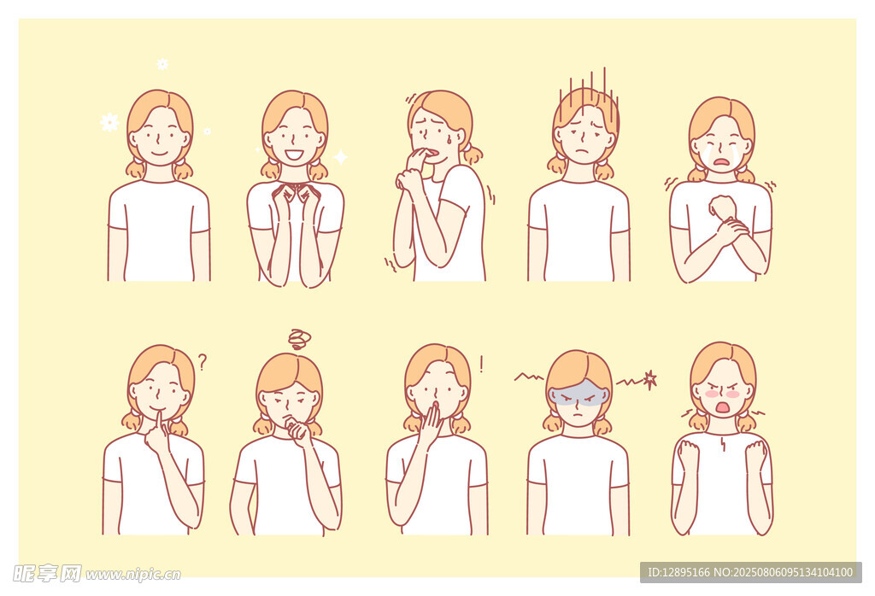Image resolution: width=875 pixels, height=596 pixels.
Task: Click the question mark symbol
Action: point(202,362)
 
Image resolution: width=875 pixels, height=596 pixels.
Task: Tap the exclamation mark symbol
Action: point(481,365)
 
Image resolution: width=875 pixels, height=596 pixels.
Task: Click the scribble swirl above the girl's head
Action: point(300,338)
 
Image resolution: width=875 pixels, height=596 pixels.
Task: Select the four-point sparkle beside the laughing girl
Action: point(340,156)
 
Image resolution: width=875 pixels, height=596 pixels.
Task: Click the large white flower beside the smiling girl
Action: point(109,122)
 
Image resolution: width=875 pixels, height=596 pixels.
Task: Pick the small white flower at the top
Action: point(162,64)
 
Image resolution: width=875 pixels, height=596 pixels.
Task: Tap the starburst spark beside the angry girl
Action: point(649,380)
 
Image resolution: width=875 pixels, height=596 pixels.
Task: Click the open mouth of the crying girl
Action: point(721,163)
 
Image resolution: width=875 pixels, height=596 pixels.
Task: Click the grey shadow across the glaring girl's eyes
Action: point(578,393)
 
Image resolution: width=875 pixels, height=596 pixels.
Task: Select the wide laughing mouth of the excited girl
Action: point(294,154)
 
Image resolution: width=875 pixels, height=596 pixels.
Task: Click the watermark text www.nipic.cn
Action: point(132,575)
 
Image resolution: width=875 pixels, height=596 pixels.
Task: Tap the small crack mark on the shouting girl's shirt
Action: point(723,444)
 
